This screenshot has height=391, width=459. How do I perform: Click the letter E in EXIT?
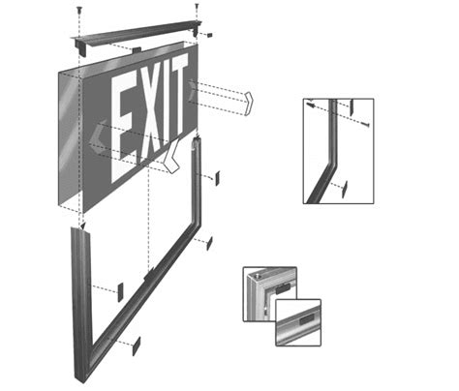(124, 120)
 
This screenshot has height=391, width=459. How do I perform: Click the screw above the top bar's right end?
(198, 9)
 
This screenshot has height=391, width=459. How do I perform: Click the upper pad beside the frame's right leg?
(217, 178)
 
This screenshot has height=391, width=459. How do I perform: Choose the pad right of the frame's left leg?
(121, 290)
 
